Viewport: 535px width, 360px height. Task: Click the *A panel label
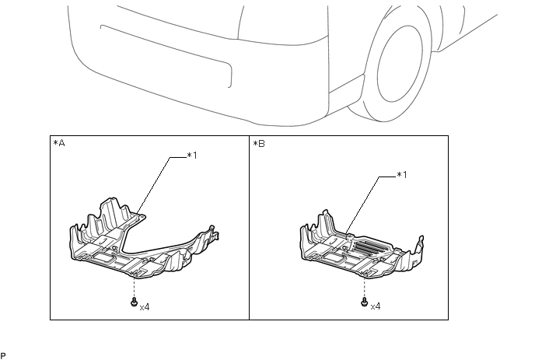pyautogui.click(x=58, y=145)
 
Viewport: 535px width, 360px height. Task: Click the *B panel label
pyautogui.click(x=258, y=145)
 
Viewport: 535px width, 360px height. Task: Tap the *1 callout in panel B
pyautogui.click(x=402, y=175)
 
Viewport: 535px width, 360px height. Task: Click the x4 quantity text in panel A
pyautogui.click(x=145, y=307)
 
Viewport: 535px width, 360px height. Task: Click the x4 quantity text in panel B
pyautogui.click(x=376, y=307)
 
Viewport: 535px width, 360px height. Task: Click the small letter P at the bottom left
pyautogui.click(x=4, y=355)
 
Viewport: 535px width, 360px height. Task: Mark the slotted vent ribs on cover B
pyautogui.click(x=372, y=246)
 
